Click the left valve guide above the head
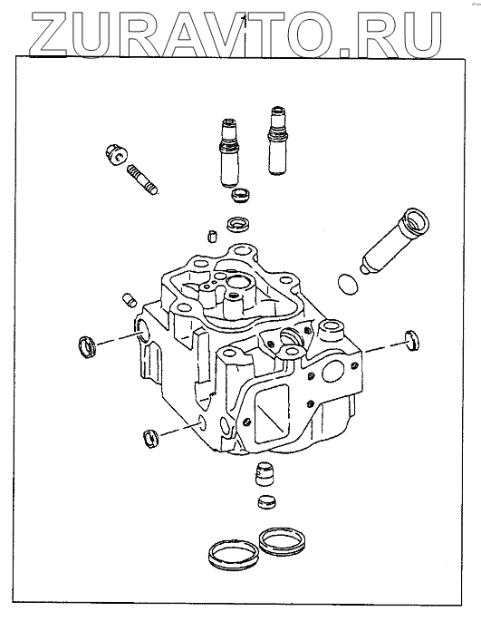coord(229,153)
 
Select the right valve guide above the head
coord(276,141)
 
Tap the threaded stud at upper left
coord(142,180)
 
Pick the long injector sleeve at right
coord(395,241)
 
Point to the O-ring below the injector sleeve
coord(348,284)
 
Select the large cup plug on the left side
coord(88,346)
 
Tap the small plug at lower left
coord(150,439)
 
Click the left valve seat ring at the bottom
coord(233,556)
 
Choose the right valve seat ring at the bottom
coord(282,541)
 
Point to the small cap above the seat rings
coord(267,502)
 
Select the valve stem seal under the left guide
coord(241,196)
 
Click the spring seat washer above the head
coord(237,224)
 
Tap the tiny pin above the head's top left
coord(211,236)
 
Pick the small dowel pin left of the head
coord(129,300)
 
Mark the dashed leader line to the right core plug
coord(383,347)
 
